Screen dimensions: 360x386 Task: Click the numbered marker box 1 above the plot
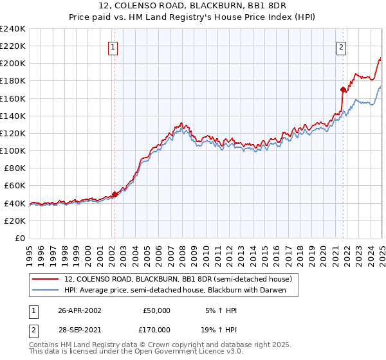[113, 46]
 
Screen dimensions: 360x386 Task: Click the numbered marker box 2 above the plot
[340, 46]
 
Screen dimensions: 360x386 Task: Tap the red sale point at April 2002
[115, 194]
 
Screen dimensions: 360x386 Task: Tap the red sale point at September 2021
[343, 89]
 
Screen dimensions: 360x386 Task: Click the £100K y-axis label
[13, 150]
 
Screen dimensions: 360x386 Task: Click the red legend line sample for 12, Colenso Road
[46, 279]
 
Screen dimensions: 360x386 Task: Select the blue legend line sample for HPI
[46, 290]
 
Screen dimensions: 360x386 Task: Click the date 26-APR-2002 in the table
[79, 310]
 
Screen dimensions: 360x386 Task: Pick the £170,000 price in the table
[156, 330]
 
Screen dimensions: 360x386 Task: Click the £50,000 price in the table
[156, 310]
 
